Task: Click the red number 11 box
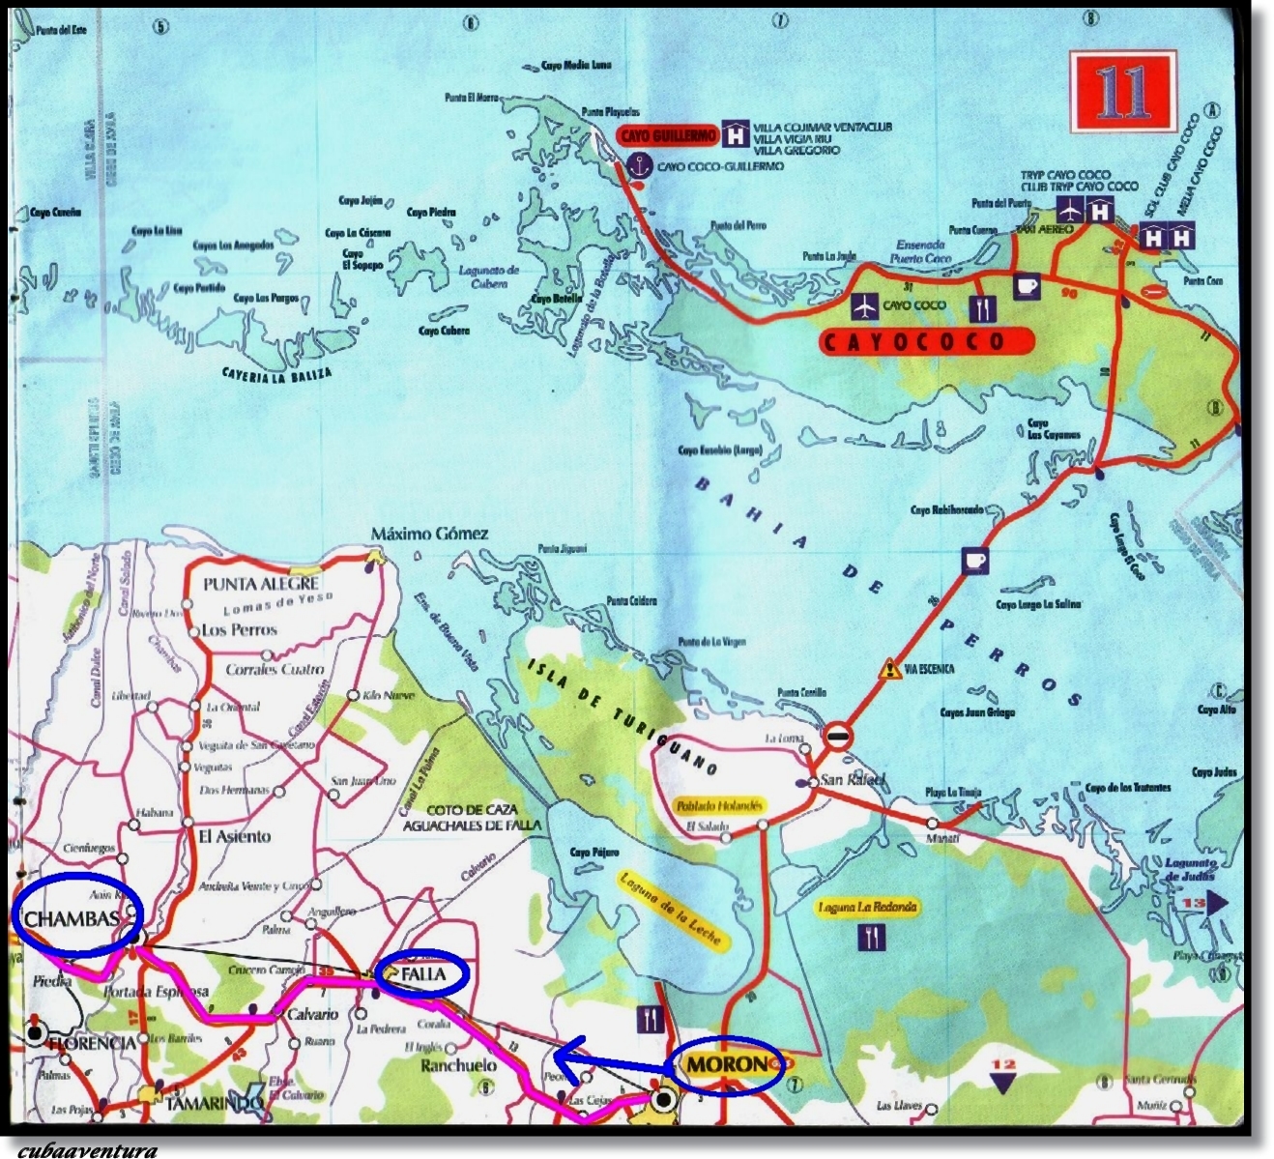click(x=1122, y=92)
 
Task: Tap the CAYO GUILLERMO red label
click(x=668, y=136)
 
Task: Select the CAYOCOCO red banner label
click(x=925, y=341)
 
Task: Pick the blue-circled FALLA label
click(x=424, y=973)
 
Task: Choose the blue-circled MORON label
click(x=726, y=1065)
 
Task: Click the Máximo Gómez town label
click(x=430, y=534)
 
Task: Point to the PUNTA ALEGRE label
click(x=261, y=584)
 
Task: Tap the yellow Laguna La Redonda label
click(x=867, y=908)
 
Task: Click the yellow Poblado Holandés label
click(x=720, y=805)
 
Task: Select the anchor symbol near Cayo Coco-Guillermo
click(x=638, y=166)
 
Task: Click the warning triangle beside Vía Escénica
click(x=888, y=668)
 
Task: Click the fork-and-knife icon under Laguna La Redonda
click(x=873, y=936)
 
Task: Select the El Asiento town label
click(x=235, y=836)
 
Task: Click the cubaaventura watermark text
click(x=87, y=1150)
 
